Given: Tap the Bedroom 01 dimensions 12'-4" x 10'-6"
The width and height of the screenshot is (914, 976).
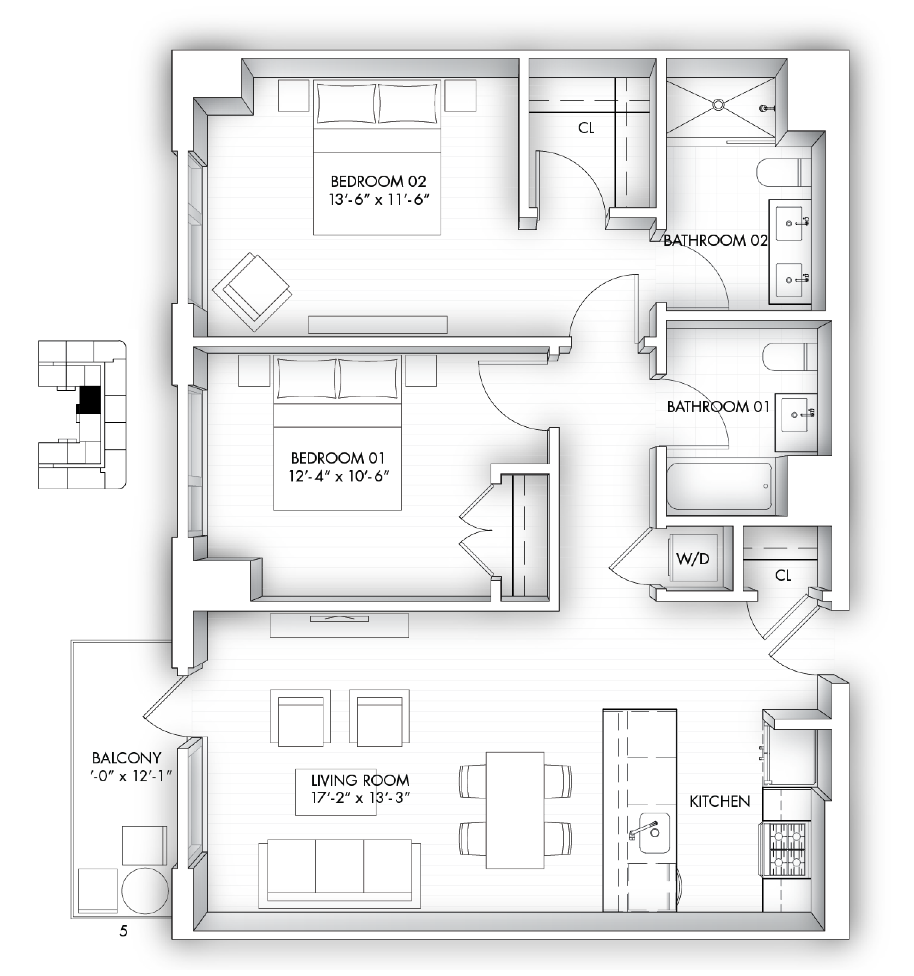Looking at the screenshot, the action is pyautogui.click(x=339, y=476).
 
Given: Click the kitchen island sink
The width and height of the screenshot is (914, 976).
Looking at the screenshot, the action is pyautogui.click(x=654, y=833).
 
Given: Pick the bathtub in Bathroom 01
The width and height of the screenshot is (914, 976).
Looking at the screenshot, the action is pyautogui.click(x=719, y=486).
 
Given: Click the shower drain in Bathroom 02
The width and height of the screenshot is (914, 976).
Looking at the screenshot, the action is pyautogui.click(x=719, y=104).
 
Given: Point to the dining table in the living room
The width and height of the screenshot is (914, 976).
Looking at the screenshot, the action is pyautogui.click(x=515, y=810).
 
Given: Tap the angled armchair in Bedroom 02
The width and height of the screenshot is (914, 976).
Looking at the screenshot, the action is pyautogui.click(x=252, y=292).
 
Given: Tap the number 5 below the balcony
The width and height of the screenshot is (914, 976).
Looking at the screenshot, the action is pyautogui.click(x=123, y=931).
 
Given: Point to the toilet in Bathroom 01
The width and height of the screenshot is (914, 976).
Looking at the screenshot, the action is pyautogui.click(x=790, y=357).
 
